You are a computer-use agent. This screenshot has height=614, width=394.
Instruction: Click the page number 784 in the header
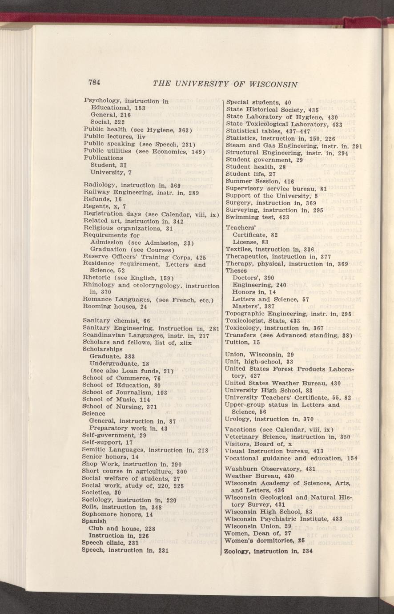coord(95,82)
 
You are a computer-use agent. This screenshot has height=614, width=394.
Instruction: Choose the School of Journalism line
coord(125,392)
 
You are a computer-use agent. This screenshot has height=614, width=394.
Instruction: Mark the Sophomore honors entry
coord(118,514)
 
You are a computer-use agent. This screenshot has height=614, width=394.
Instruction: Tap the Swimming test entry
coord(257,217)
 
